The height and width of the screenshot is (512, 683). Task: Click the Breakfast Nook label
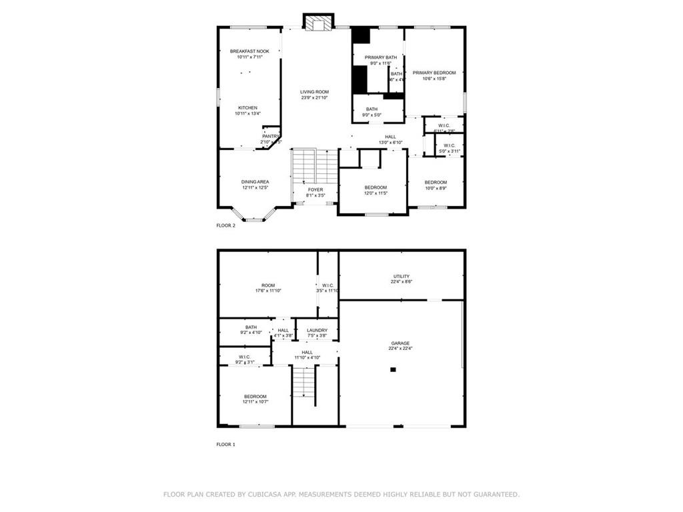click(x=249, y=51)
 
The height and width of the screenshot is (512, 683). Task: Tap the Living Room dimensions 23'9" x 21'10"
click(x=314, y=98)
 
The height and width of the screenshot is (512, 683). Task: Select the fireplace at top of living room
click(x=317, y=23)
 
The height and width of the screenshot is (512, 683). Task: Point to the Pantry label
click(x=271, y=136)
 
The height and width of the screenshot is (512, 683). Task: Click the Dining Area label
click(x=255, y=182)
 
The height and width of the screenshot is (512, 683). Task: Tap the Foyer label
click(x=315, y=190)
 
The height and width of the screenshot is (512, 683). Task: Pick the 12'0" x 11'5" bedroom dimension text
click(x=376, y=194)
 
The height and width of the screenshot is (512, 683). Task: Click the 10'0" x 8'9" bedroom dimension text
click(x=436, y=189)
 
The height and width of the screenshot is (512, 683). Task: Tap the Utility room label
click(x=401, y=276)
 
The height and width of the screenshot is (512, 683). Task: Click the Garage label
click(x=400, y=343)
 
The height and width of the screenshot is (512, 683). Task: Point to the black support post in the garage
click(x=393, y=369)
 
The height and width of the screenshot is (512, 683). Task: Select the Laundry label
click(x=317, y=330)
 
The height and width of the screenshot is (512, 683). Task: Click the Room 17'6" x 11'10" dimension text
click(x=268, y=291)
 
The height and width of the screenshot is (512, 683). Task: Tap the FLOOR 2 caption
click(x=225, y=225)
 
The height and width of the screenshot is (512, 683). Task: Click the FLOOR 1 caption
click(x=225, y=444)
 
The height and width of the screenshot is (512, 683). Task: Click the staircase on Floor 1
click(x=303, y=383)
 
